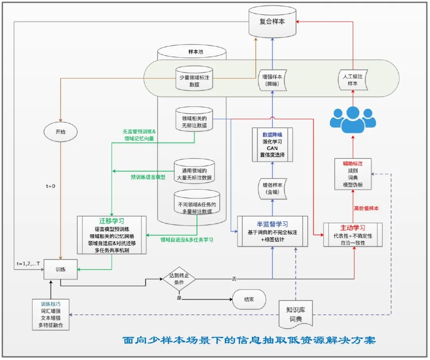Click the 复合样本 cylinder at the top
tap(273, 22)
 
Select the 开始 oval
tap(60, 131)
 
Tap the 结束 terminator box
tap(249, 299)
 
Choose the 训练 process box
tap(60, 269)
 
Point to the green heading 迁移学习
tap(112, 221)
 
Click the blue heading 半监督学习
tap(272, 224)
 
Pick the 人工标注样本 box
tap(352, 80)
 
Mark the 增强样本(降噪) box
tap(272, 80)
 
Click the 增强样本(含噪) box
tap(272, 189)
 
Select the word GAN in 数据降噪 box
tap(272, 148)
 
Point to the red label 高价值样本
tap(366, 208)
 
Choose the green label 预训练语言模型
tap(148, 177)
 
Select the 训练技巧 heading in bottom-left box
tap(51, 304)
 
